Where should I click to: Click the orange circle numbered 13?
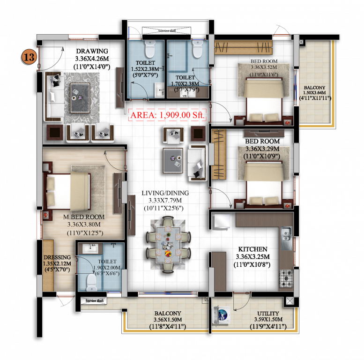[29, 57]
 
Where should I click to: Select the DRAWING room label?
[92, 51]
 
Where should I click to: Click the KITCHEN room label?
[253, 249]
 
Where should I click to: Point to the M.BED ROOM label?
[84, 217]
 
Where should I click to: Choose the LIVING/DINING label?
[165, 193]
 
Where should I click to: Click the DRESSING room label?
[57, 257]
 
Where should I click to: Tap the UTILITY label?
[268, 314]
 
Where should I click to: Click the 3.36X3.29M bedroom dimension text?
[262, 150]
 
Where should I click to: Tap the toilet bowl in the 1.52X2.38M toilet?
[150, 48]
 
